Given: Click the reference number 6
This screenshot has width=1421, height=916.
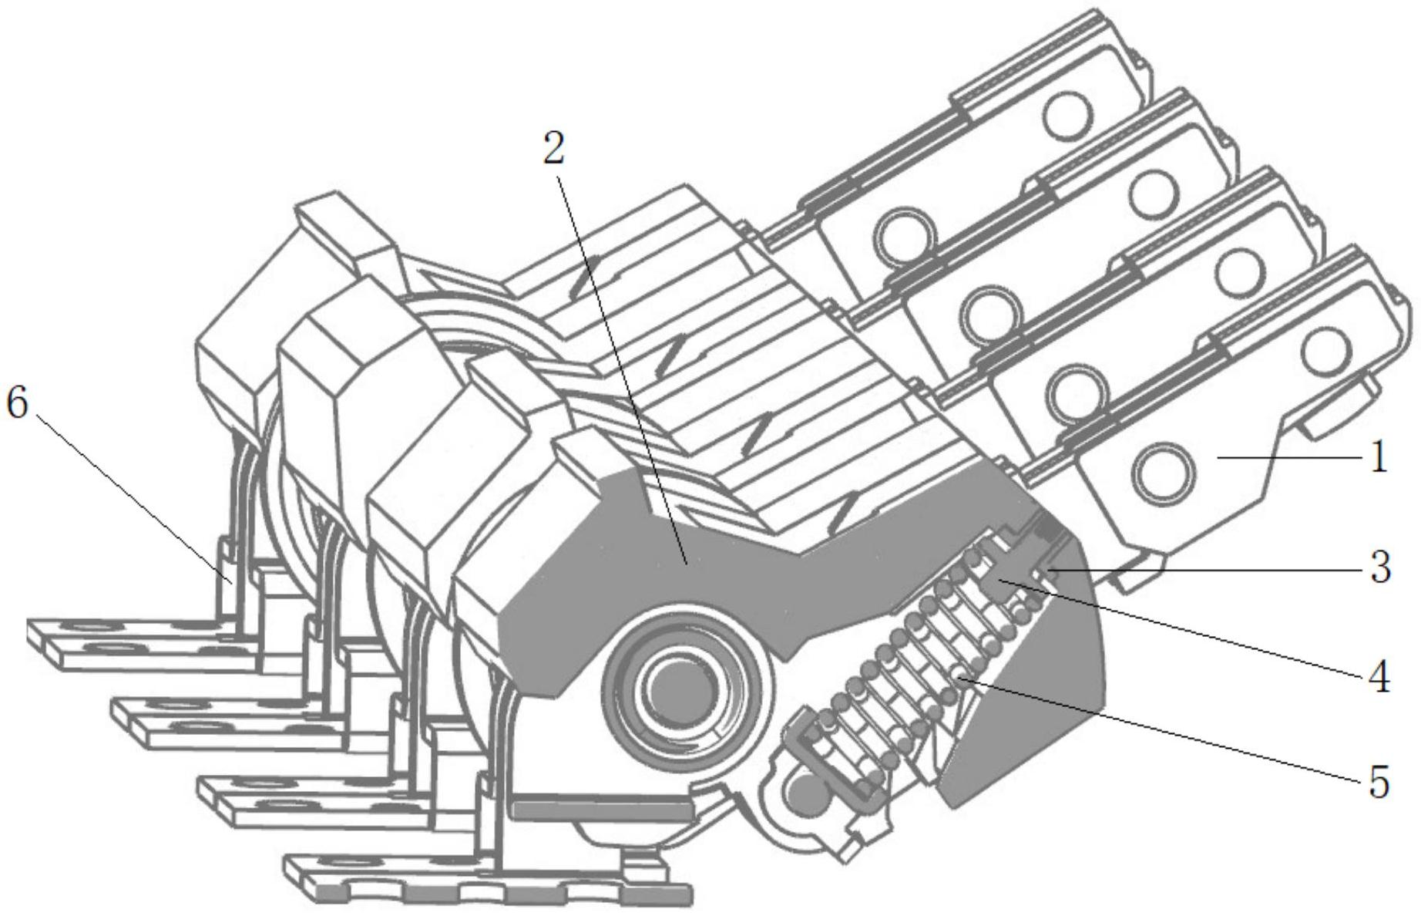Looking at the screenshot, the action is click(x=18, y=402).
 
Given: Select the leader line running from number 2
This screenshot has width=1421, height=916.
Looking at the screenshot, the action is click(x=616, y=355).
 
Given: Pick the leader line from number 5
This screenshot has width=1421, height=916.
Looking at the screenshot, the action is click(x=1156, y=729).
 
